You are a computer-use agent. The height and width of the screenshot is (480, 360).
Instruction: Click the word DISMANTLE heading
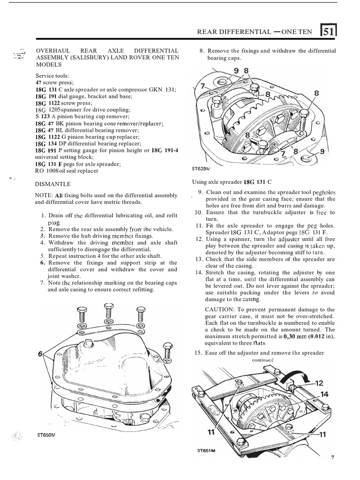[x=53, y=185]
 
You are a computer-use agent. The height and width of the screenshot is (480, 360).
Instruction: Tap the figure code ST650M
[x=46, y=435]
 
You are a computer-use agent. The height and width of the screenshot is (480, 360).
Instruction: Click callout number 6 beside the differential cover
[x=40, y=355]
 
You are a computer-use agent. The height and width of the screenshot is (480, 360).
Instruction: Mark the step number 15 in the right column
[x=198, y=353]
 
